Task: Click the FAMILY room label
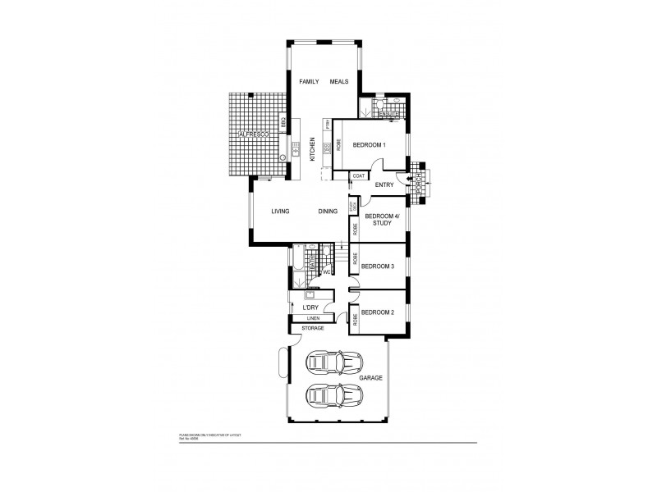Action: coord(309,82)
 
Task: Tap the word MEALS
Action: coord(339,82)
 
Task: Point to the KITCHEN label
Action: coord(312,149)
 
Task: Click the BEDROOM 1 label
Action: coord(369,145)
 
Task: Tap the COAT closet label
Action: coord(358,175)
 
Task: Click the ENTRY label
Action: coord(384,185)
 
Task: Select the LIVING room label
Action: coord(281,212)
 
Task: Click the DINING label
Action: coord(328,212)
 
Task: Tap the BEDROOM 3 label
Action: coord(378,266)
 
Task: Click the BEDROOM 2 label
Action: coord(378,312)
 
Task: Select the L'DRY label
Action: coord(310,307)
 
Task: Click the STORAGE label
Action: coord(313,328)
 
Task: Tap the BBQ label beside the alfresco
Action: coord(284,122)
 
